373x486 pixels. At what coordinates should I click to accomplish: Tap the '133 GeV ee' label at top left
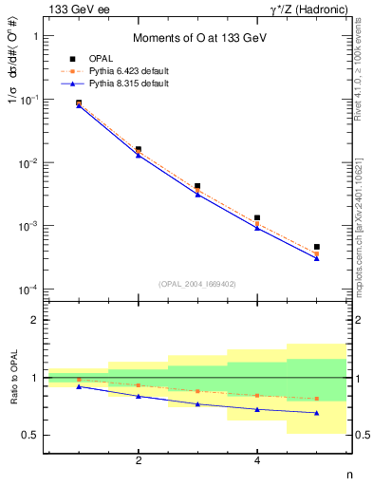[74, 9]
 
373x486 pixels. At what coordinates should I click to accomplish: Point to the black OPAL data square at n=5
[316, 247]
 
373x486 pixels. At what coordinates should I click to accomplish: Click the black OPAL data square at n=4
[256, 217]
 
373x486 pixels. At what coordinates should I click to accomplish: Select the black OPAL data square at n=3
[197, 186]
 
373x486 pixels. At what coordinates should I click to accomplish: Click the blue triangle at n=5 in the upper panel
[316, 258]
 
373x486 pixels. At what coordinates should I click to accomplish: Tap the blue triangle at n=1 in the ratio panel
[79, 386]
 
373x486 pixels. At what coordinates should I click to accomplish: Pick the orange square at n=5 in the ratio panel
[316, 399]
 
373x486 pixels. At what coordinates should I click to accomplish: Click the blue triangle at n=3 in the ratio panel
[197, 404]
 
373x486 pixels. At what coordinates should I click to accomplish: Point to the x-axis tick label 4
[256, 461]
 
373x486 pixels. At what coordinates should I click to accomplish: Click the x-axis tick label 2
[139, 461]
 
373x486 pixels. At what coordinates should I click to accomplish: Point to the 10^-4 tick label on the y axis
[27, 290]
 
